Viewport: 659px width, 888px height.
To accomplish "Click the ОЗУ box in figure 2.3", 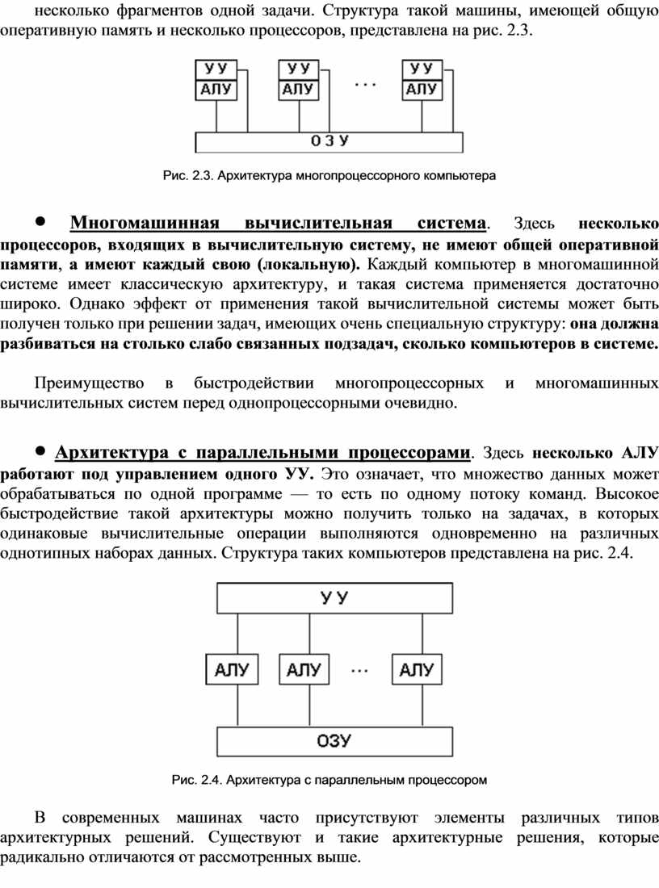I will click(329, 142).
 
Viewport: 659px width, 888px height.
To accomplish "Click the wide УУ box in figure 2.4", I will click(334, 598).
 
